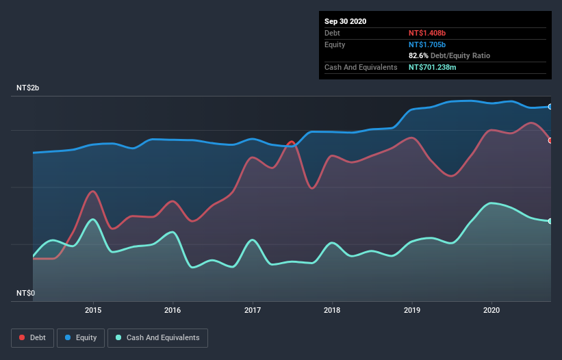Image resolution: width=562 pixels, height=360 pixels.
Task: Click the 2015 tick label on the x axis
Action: pyautogui.click(x=93, y=309)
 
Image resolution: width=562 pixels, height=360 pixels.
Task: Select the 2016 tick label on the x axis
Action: pyautogui.click(x=173, y=309)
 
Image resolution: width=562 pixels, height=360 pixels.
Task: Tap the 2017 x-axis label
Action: pyautogui.click(x=253, y=309)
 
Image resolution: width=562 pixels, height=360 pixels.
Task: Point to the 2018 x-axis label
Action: pyautogui.click(x=332, y=309)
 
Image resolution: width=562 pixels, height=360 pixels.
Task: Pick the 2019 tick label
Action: pyautogui.click(x=412, y=309)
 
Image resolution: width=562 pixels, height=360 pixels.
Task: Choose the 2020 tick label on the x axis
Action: pyautogui.click(x=491, y=309)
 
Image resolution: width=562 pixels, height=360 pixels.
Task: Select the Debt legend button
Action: pyautogui.click(x=33, y=337)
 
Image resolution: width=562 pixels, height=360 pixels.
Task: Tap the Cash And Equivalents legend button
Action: pyautogui.click(x=157, y=337)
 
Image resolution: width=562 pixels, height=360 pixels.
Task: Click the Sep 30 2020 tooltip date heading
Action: pyautogui.click(x=345, y=21)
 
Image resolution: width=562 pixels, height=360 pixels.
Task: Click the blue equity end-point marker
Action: pyautogui.click(x=550, y=107)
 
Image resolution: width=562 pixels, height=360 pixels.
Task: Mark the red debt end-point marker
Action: pyautogui.click(x=550, y=140)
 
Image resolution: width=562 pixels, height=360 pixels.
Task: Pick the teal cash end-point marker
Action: pyautogui.click(x=550, y=221)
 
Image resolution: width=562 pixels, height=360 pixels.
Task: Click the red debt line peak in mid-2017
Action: pyautogui.click(x=292, y=142)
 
